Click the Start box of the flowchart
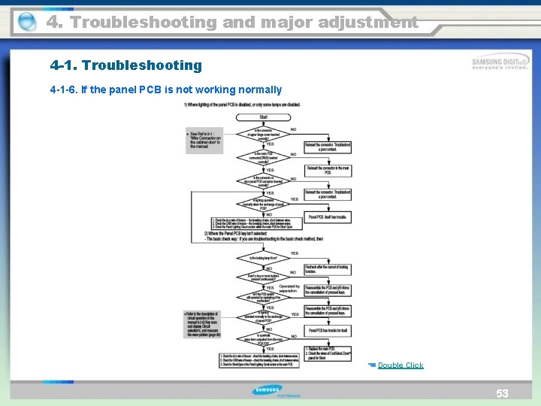click(x=264, y=117)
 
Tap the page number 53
click(x=502, y=393)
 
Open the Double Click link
click(x=400, y=365)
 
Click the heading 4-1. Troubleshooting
click(x=125, y=65)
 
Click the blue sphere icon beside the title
click(x=26, y=23)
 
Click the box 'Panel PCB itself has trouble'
click(x=328, y=217)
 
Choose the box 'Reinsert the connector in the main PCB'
click(x=328, y=170)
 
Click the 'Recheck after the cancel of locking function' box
click(x=328, y=268)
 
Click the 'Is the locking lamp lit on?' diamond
click(x=264, y=258)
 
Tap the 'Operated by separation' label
click(x=289, y=288)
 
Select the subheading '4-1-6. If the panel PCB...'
click(x=165, y=89)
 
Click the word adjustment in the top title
click(x=361, y=23)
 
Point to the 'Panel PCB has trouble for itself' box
click(x=328, y=329)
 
